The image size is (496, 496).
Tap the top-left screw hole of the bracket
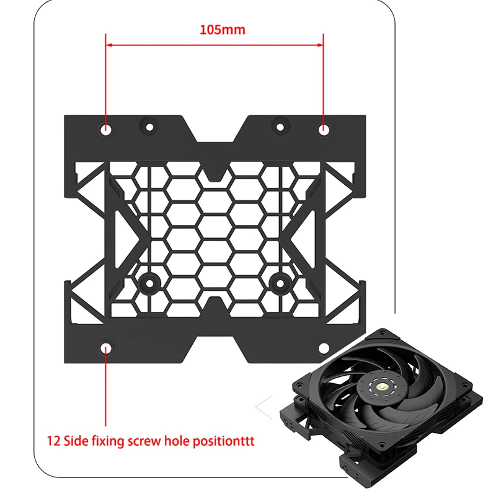tap(107, 130)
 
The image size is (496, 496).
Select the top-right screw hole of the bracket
tap(324, 130)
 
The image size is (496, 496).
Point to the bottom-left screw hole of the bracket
tap(107, 348)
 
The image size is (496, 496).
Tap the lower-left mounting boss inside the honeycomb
tap(149, 283)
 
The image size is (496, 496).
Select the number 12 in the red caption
tap(54, 442)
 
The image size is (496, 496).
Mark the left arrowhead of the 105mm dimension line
tap(109, 45)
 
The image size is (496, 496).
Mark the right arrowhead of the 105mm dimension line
tap(321, 45)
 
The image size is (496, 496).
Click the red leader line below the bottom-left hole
tap(107, 391)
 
